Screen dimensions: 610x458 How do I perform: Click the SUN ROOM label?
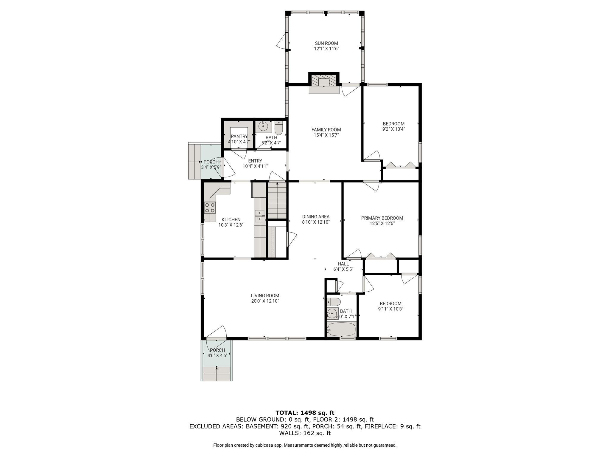[326, 43]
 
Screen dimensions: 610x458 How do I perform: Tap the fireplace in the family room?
[324, 83]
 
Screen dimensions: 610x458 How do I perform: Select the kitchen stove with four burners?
[210, 208]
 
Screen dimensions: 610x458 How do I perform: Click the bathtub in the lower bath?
[341, 329]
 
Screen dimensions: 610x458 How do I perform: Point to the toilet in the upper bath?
[278, 128]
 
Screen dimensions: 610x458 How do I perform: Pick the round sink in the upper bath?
[263, 127]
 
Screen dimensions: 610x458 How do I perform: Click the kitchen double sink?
[260, 216]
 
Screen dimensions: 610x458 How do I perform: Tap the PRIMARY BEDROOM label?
[382, 218]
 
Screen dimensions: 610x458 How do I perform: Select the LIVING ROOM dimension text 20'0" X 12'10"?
[265, 301]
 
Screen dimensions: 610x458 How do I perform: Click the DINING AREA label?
[316, 217]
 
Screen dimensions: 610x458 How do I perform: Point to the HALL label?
[343, 264]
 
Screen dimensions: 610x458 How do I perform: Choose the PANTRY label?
[239, 137]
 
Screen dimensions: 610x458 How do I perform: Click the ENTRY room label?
[255, 161]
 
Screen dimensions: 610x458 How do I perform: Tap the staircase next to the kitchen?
[277, 201]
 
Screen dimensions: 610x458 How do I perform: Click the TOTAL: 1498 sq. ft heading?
[305, 413]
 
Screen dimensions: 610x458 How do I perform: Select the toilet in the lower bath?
[334, 302]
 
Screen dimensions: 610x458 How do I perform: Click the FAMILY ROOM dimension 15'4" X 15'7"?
[326, 135]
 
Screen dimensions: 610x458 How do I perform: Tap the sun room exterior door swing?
[282, 41]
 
